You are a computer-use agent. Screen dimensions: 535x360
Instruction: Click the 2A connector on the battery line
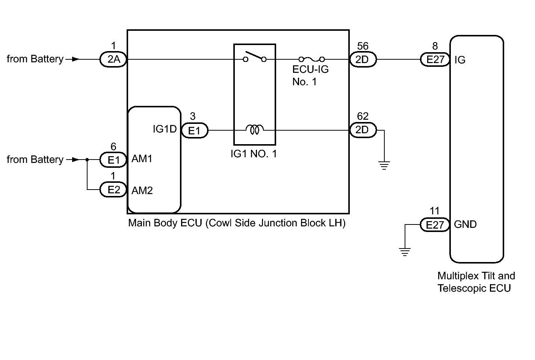[113, 59]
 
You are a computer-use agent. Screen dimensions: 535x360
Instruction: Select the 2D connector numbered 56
[363, 59]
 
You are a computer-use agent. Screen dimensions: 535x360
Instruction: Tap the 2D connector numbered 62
[363, 130]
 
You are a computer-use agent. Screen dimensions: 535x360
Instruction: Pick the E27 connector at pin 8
[435, 59]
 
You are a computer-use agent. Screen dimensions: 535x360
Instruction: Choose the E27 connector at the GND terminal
[435, 224]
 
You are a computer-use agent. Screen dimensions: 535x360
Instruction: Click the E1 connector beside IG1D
[195, 131]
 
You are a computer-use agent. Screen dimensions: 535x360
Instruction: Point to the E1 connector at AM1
[113, 160]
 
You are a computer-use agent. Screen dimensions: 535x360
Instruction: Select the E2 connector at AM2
[113, 190]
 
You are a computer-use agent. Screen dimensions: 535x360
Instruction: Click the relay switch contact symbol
[255, 57]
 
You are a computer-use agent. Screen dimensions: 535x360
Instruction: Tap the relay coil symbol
[255, 129]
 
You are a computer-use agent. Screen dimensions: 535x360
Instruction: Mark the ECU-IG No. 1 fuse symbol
[312, 59]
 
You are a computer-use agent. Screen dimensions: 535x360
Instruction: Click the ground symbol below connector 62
[384, 166]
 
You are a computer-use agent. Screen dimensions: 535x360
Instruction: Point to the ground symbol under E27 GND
[405, 252]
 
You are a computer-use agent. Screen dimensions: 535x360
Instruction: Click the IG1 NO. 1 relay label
[254, 154]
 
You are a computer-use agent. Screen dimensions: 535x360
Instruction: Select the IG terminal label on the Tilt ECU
[460, 60]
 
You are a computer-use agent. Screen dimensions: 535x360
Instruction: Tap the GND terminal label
[465, 224]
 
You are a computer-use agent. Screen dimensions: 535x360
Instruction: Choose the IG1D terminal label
[165, 129]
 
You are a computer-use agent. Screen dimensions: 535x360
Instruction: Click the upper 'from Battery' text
[35, 59]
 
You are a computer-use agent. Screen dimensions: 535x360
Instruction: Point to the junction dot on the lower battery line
[87, 160]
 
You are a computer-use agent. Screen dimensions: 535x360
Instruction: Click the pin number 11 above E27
[434, 211]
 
